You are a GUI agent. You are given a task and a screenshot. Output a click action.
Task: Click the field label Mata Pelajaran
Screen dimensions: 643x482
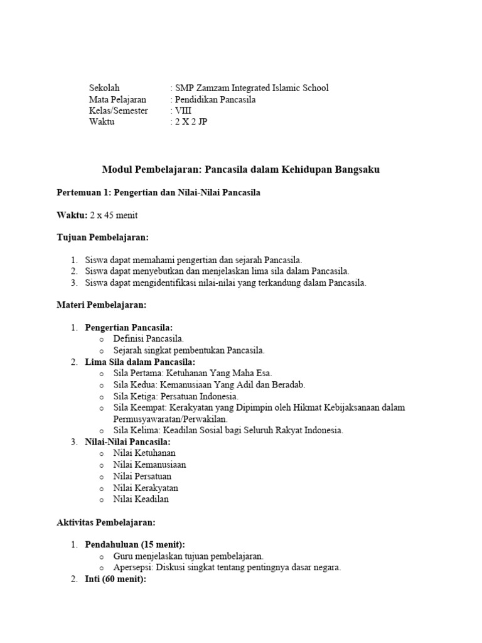pos(118,99)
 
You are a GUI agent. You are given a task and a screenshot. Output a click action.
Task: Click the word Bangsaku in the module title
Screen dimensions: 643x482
pos(353,170)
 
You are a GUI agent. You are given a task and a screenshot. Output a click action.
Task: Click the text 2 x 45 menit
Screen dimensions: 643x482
pos(114,215)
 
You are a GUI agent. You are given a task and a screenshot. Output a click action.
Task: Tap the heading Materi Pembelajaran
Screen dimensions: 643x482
pos(101,305)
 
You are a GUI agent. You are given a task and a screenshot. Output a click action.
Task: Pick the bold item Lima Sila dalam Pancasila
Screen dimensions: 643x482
pos(140,362)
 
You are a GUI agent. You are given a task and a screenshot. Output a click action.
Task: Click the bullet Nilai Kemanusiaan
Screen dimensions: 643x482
pos(149,465)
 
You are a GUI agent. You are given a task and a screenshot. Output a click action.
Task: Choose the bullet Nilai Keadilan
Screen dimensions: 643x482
pos(141,499)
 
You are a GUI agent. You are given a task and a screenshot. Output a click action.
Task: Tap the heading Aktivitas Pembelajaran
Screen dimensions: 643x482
pos(106,522)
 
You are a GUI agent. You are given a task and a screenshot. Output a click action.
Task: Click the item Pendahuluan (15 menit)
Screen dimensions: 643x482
pos(135,544)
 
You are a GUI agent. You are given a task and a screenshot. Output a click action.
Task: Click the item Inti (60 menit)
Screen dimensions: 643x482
pos(115,579)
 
